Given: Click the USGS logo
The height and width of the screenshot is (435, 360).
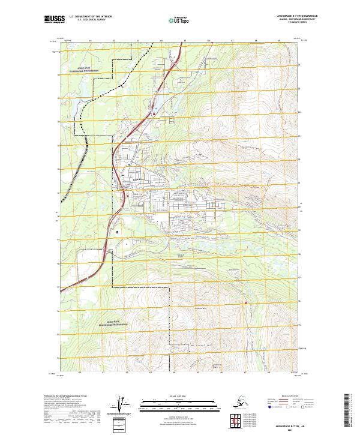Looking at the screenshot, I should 55,19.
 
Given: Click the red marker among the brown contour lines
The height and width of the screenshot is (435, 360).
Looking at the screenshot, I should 245,303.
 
